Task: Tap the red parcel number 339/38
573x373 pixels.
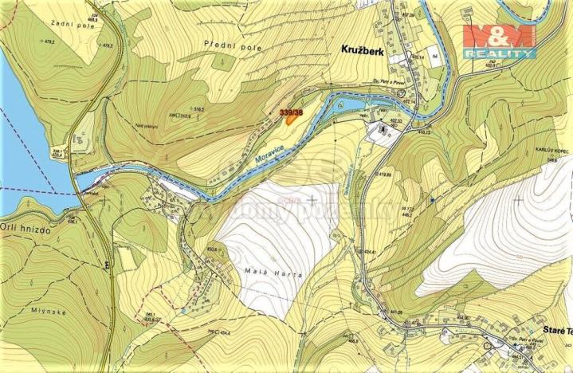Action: [292, 113]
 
